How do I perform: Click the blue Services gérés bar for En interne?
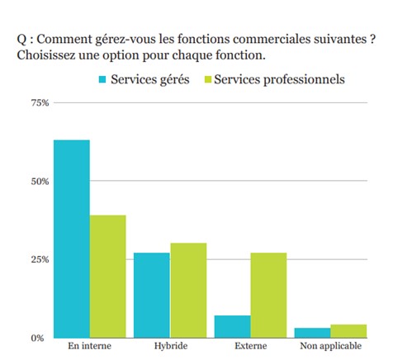point(72,239)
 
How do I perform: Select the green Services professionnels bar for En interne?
point(108,276)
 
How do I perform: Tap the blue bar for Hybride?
point(152,295)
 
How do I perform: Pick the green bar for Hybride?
point(188,290)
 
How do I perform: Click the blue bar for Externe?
point(232,326)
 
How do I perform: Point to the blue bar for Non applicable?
point(312,333)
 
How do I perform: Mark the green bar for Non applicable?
point(348,331)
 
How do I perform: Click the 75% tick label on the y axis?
point(40,102)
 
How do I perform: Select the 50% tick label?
point(40,181)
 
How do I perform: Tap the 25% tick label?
point(40,259)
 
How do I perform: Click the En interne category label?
point(90,348)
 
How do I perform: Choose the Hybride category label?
point(170,348)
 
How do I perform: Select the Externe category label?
point(250,348)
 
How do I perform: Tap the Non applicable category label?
point(329,348)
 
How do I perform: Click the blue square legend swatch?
point(103,80)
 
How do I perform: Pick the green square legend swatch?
point(208,80)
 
